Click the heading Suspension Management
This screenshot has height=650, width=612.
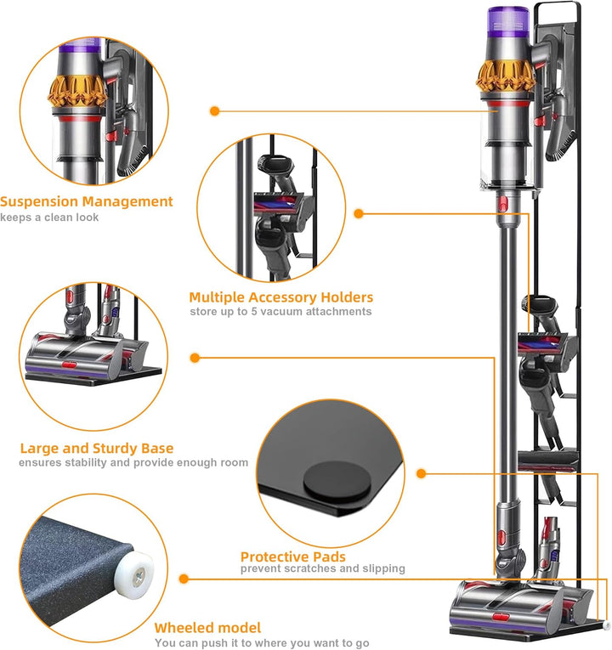point(87,202)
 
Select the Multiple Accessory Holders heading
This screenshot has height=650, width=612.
point(280,297)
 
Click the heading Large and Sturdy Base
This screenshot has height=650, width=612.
point(97,448)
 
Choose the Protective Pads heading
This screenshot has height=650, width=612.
point(293,556)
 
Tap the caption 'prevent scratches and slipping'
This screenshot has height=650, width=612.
point(322,568)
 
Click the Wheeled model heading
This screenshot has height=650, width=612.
point(207,628)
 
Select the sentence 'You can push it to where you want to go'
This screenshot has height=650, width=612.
point(261,642)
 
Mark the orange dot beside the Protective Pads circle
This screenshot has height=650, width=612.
point(421,473)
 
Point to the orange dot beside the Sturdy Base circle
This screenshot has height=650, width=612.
point(195,358)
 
